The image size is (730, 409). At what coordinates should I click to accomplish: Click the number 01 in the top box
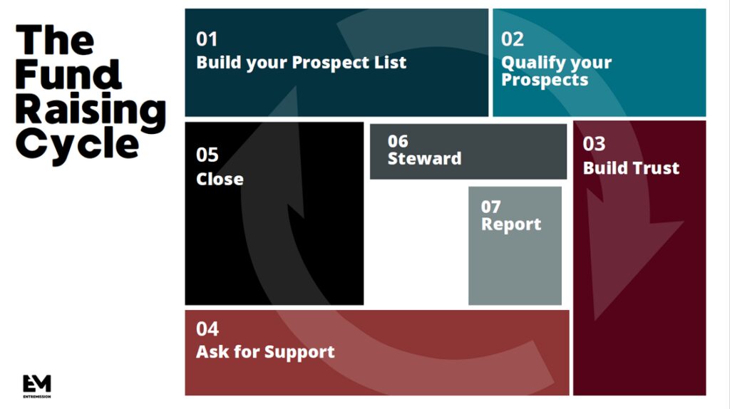(207, 39)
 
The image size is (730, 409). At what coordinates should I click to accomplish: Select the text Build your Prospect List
(301, 62)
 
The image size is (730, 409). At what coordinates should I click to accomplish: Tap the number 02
(512, 39)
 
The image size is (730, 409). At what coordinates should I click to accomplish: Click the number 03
(594, 145)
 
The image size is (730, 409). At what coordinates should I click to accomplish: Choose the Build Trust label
(631, 168)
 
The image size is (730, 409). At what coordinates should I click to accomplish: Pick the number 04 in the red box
(207, 329)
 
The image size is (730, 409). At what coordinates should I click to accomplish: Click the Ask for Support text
(265, 351)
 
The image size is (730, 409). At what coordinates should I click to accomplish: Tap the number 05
(207, 155)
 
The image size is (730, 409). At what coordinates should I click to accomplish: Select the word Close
(220, 178)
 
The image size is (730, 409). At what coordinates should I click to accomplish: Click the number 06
(398, 141)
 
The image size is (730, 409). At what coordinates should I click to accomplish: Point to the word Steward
(424, 158)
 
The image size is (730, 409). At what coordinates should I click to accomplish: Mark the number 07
(490, 207)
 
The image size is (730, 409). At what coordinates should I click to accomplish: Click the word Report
(511, 224)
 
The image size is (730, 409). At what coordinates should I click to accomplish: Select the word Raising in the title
(91, 109)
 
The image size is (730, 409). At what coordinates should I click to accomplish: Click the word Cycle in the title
(77, 144)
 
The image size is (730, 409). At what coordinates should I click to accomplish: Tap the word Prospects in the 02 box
(545, 79)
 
